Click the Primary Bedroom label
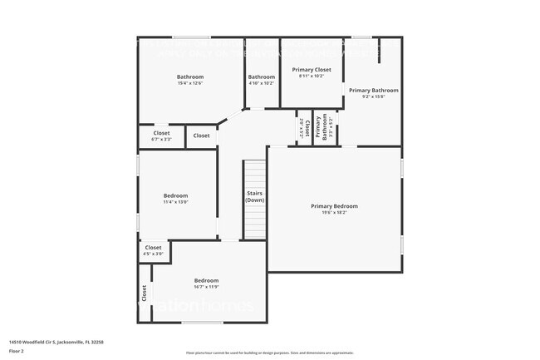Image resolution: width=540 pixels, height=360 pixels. point(335,205)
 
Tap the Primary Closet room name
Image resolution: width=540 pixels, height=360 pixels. point(312,70)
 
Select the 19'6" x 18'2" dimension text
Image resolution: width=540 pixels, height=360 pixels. point(335,212)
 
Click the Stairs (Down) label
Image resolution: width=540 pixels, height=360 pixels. point(255,197)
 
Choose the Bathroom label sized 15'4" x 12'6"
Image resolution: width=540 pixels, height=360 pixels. point(190,76)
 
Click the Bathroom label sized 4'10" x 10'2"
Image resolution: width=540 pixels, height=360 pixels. point(261,76)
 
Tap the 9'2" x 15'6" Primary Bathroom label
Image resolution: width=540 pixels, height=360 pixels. point(373,96)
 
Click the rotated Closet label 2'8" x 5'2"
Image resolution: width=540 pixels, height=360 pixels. point(305,129)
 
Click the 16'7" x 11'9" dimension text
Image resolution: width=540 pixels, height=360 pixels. point(206,287)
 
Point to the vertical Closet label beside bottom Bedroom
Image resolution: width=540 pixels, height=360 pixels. point(145,293)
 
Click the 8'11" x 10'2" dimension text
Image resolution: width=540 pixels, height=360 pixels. point(312,76)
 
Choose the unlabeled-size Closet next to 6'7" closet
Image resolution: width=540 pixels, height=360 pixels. point(202,136)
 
